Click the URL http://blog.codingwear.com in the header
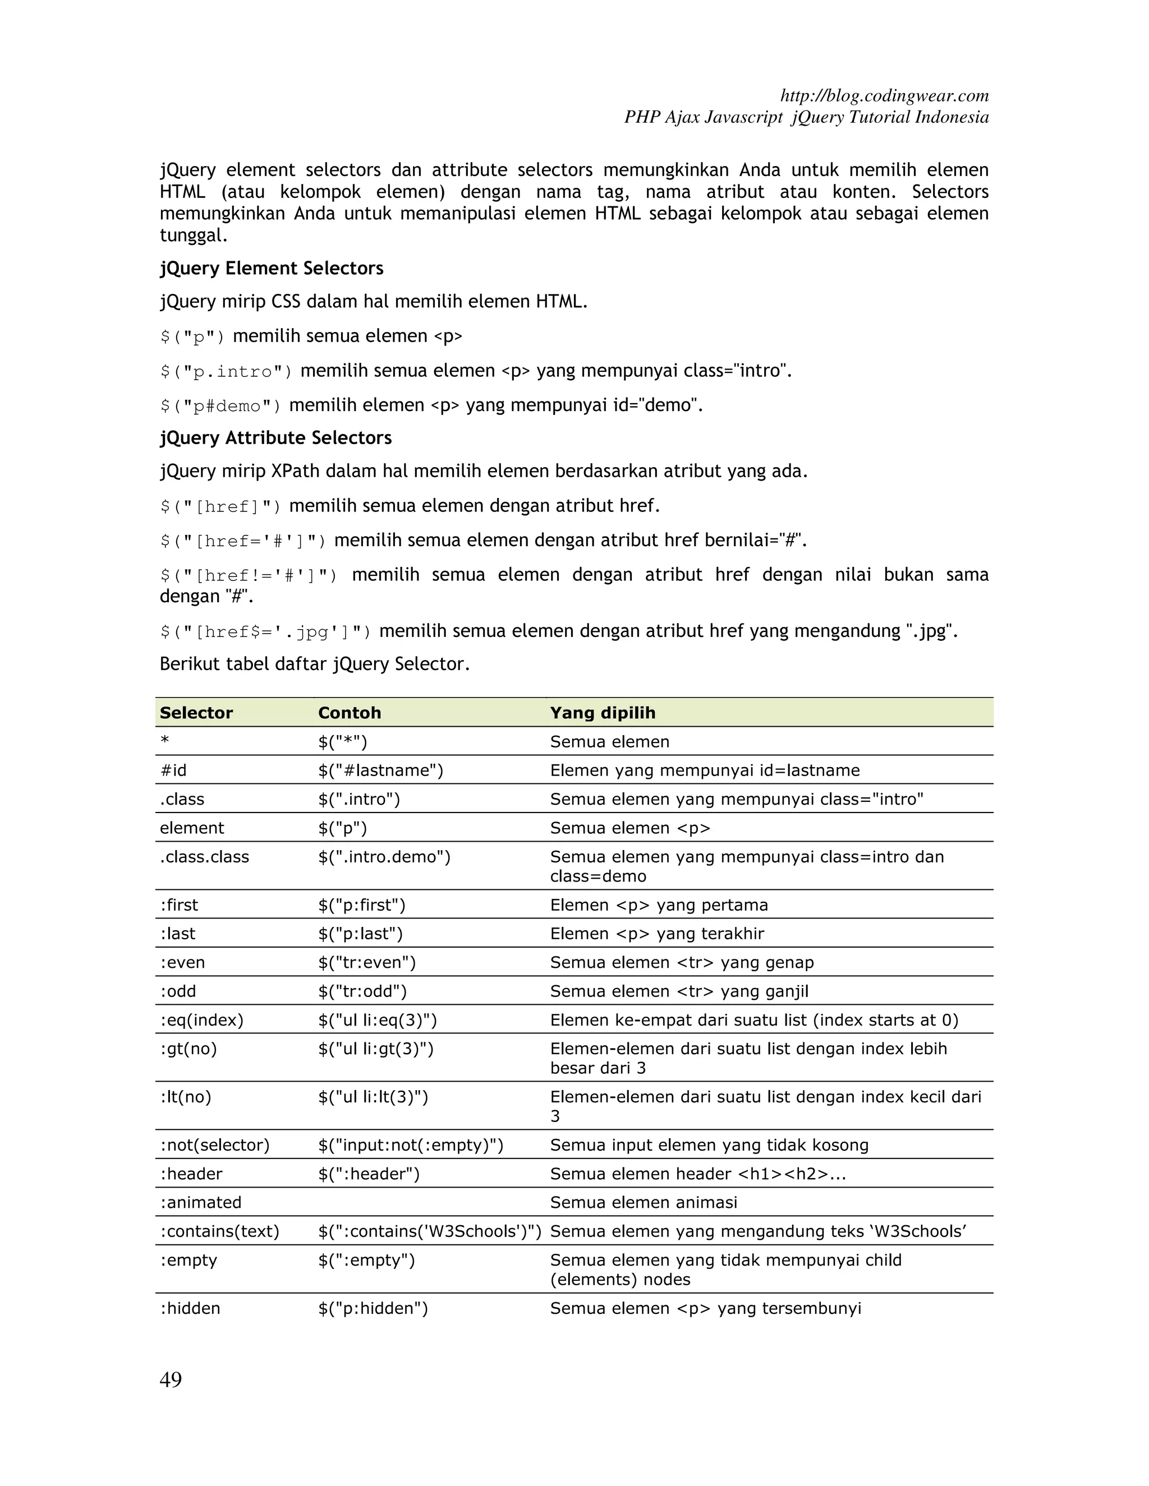click(x=884, y=95)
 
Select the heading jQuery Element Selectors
click(x=272, y=268)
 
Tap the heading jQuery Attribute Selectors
click(x=275, y=437)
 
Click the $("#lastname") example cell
click(x=380, y=770)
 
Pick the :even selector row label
click(x=182, y=962)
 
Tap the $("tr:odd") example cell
click(x=362, y=991)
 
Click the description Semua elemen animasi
click(x=644, y=1202)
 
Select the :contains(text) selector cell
click(x=219, y=1231)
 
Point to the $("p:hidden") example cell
click(x=373, y=1308)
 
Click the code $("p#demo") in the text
click(x=220, y=406)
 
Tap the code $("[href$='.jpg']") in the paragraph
click(x=265, y=632)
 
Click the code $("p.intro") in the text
click(x=226, y=371)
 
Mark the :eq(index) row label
click(x=201, y=1020)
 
